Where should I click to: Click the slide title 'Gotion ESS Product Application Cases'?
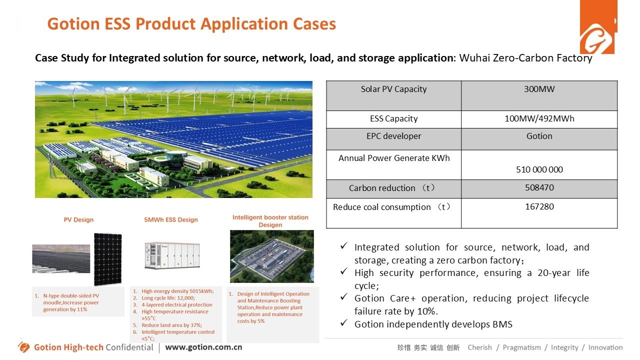click(191, 24)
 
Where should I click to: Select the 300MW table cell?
click(539, 89)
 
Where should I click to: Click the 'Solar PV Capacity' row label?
click(393, 89)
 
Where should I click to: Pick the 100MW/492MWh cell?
click(539, 119)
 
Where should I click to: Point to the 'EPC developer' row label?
click(393, 136)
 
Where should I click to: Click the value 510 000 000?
click(539, 169)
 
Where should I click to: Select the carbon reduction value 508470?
click(539, 188)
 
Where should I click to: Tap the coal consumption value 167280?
click(539, 206)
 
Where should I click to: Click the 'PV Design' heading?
click(78, 219)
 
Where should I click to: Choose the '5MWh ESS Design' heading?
click(171, 219)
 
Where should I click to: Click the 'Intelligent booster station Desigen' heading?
click(270, 221)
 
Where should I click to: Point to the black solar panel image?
click(107, 258)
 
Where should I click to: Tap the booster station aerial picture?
click(271, 256)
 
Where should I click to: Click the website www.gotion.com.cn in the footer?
click(203, 347)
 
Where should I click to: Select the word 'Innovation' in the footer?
click(605, 347)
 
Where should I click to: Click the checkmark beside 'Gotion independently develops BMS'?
click(343, 323)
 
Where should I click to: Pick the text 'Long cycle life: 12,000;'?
click(168, 298)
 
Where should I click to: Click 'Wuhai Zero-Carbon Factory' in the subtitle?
click(525, 58)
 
